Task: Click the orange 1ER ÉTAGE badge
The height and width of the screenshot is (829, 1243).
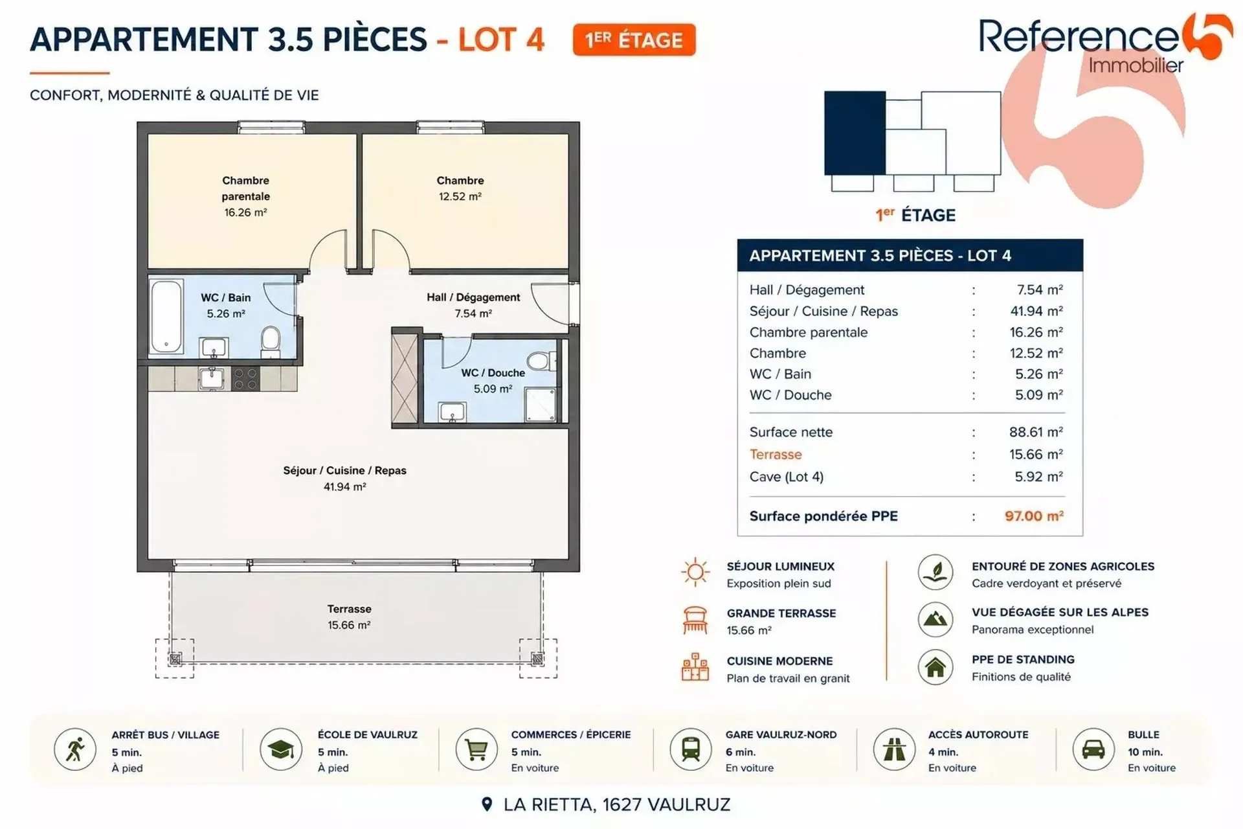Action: (634, 40)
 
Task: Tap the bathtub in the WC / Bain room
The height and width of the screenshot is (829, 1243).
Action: (166, 316)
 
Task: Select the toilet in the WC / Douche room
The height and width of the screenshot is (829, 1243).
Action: (541, 361)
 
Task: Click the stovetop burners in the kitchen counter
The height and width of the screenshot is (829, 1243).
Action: (245, 379)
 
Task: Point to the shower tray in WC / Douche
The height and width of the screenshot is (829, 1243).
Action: (540, 404)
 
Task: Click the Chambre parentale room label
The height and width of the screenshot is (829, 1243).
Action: (245, 188)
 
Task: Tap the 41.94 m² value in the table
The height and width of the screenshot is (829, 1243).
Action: (1036, 311)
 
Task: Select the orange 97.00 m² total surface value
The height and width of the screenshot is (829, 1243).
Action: (1034, 516)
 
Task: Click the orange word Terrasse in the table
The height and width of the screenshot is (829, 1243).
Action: (776, 454)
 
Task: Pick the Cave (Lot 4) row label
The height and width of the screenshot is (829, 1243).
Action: (787, 477)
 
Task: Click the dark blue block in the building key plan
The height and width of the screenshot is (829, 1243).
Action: (855, 133)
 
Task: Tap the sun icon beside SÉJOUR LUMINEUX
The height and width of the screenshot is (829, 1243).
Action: (695, 572)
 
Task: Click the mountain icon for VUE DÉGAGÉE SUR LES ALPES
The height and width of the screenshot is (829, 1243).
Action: (935, 619)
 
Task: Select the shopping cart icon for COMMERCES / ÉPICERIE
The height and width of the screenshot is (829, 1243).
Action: (476, 750)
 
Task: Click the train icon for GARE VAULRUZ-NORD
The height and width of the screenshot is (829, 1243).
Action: (691, 750)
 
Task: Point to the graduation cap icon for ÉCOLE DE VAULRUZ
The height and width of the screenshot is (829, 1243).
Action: (281, 750)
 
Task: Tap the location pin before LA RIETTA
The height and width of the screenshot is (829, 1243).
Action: (487, 804)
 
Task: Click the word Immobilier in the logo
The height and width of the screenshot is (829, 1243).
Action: (1136, 65)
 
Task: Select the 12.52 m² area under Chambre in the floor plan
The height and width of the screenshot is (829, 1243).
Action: (460, 196)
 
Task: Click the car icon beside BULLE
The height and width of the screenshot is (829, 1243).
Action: (1093, 750)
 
